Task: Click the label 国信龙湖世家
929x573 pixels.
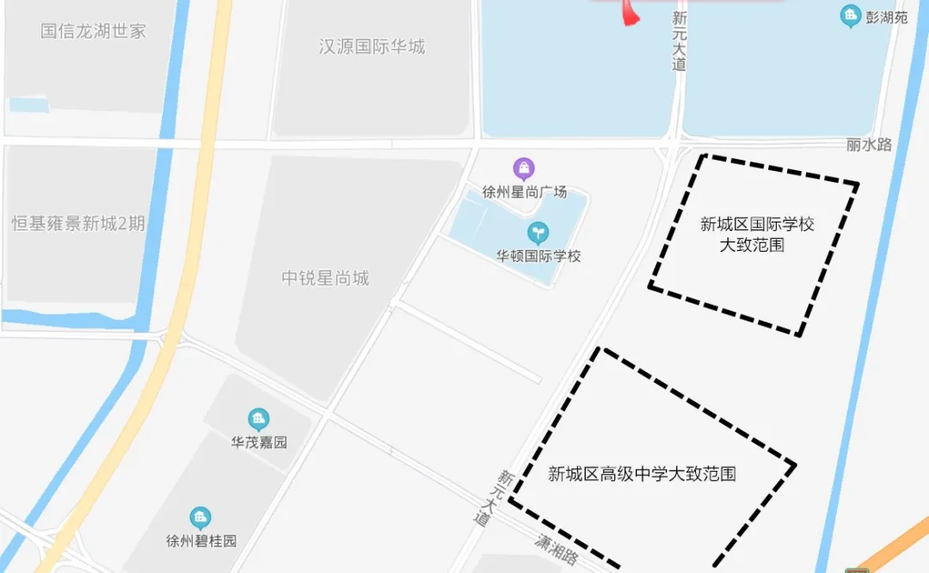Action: (x=93, y=31)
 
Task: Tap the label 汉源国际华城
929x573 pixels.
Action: (x=372, y=46)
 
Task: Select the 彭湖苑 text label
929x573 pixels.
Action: (x=887, y=17)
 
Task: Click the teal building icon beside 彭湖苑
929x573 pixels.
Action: (x=851, y=15)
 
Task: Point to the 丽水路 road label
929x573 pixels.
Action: (x=869, y=144)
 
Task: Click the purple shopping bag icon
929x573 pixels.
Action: (x=523, y=168)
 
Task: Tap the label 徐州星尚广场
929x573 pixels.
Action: (x=524, y=192)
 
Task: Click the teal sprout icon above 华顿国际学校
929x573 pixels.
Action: (x=538, y=232)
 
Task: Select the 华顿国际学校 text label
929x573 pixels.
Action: (x=538, y=255)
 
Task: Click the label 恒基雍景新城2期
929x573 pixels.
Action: (x=78, y=223)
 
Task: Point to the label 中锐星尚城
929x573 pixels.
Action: (x=325, y=277)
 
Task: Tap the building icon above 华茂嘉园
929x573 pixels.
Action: (x=258, y=420)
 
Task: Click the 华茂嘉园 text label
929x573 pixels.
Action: (x=258, y=443)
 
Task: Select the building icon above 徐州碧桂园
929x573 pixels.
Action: (x=200, y=518)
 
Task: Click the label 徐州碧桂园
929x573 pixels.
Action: (x=201, y=541)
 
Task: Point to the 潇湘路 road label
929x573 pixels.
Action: (x=556, y=551)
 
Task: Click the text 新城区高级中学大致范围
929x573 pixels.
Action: (x=642, y=473)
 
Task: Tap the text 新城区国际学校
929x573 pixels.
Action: (x=757, y=225)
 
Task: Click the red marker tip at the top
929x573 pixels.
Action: (x=631, y=19)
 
